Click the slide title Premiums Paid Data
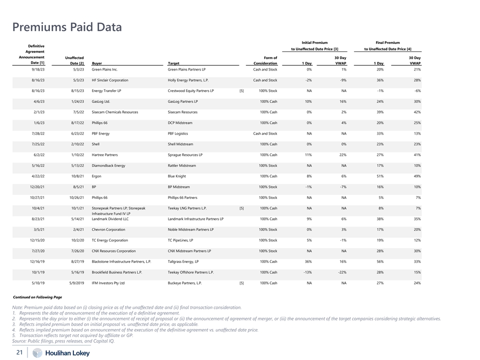(66, 26)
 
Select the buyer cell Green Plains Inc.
(104, 69)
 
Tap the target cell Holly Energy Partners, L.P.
(188, 80)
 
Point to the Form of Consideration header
(265, 61)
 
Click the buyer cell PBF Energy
(100, 133)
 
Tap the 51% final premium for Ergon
(379, 176)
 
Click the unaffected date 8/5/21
(77, 187)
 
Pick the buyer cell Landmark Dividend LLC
(110, 219)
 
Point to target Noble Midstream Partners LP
(190, 229)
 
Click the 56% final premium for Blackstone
(379, 261)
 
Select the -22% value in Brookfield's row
(341, 272)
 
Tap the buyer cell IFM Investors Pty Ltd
(108, 283)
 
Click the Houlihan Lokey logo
(61, 353)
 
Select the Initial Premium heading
(314, 43)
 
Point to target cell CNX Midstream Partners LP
(189, 251)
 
